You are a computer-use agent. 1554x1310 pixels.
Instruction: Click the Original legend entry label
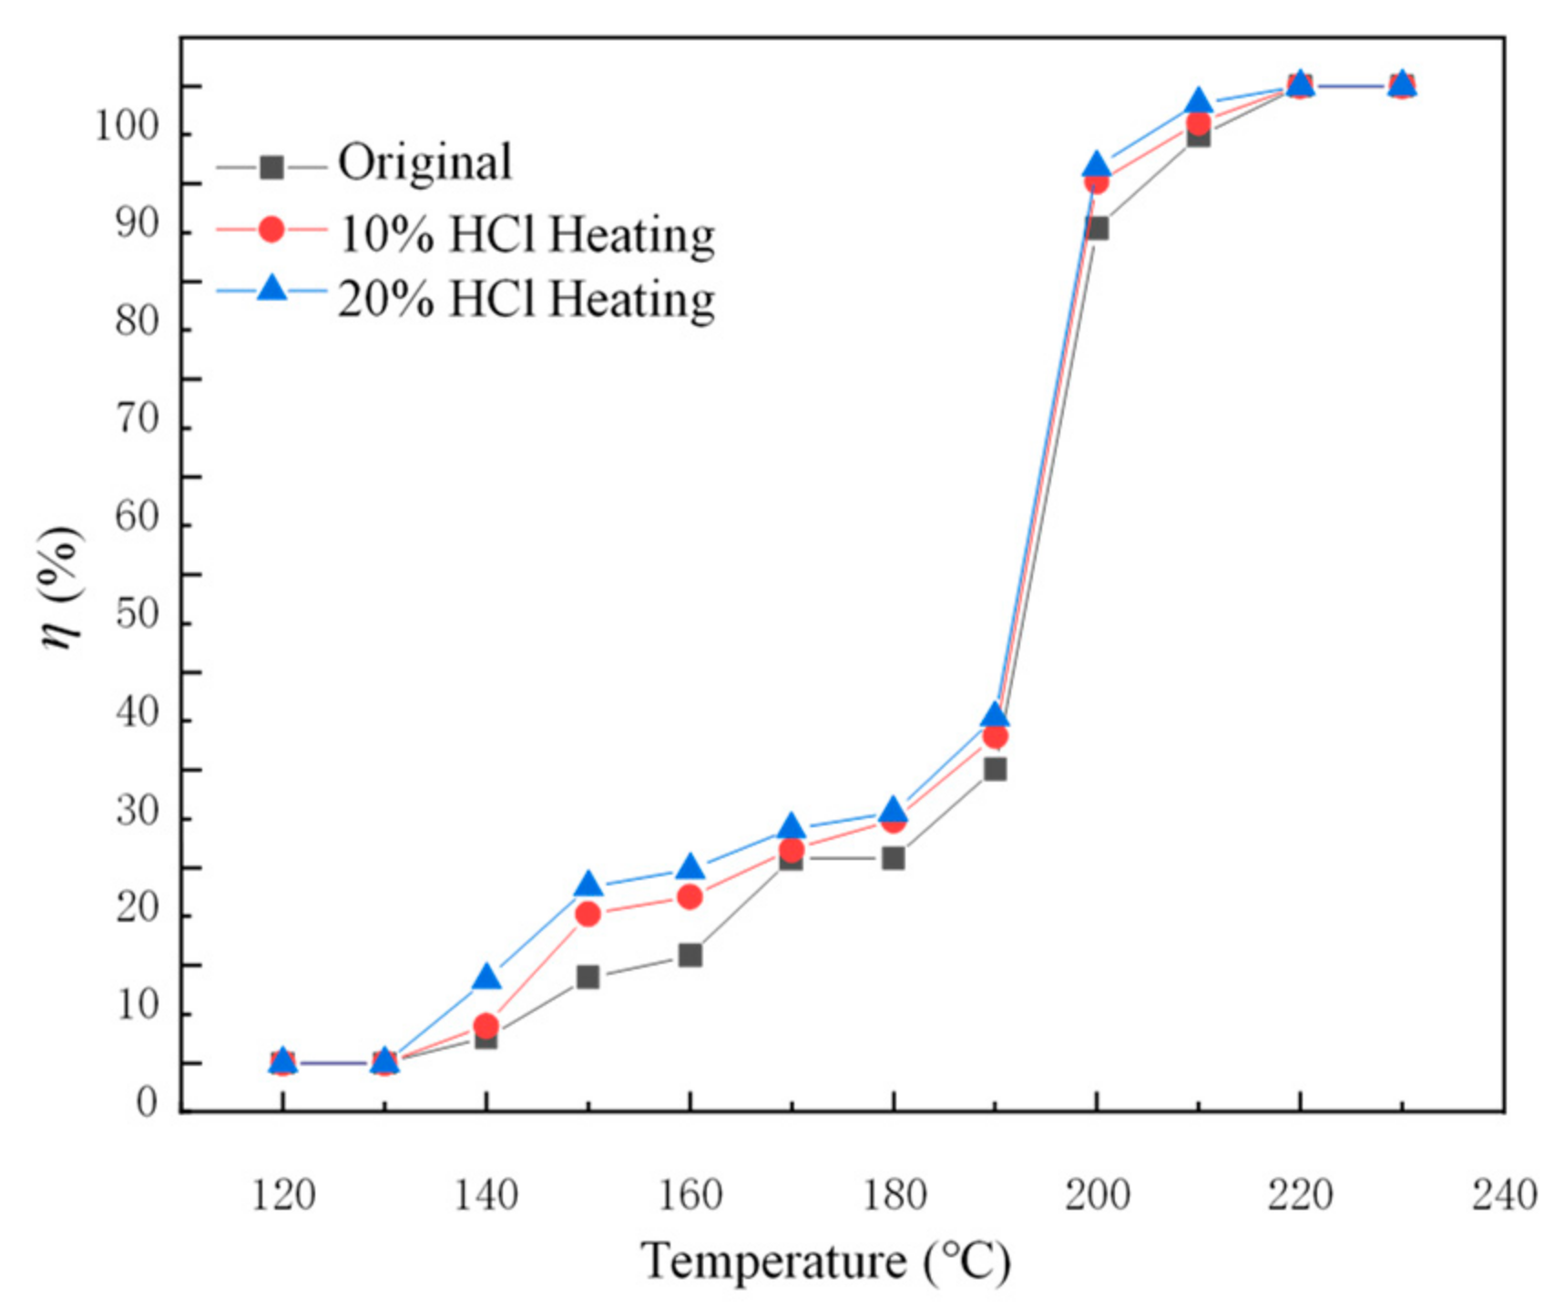point(424,164)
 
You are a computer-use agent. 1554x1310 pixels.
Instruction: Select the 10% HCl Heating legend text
point(527,234)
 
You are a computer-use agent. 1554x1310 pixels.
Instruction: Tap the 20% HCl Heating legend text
point(527,299)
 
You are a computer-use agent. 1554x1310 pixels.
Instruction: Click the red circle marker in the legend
point(271,229)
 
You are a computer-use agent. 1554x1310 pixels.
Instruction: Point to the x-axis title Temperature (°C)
point(825,1263)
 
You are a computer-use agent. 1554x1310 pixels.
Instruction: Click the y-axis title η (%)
point(62,588)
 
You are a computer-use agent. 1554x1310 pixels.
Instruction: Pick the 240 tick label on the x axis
point(1504,1195)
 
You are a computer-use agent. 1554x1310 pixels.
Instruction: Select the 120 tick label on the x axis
point(283,1195)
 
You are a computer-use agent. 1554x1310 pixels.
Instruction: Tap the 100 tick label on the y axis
point(128,128)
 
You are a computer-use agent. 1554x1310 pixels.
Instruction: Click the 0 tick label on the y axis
point(147,1104)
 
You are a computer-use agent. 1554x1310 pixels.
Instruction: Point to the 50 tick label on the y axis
point(138,616)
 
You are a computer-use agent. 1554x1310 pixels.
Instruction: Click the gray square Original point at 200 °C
point(1098,228)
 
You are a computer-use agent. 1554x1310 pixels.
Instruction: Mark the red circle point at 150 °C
point(588,914)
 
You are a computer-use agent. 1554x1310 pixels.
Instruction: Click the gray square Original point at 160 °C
point(690,955)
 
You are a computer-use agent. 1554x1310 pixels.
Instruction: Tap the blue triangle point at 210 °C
point(1199,100)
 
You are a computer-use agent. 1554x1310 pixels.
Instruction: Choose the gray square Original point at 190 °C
point(996,769)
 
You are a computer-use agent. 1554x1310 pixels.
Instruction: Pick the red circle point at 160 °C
point(690,897)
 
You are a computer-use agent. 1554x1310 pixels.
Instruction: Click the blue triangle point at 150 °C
point(588,885)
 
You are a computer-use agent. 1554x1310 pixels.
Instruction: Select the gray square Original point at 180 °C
point(894,858)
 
